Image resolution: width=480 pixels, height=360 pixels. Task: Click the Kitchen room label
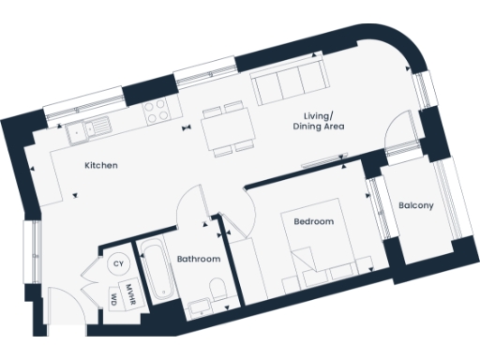point(100,166)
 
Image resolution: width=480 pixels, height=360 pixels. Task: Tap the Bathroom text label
point(199,259)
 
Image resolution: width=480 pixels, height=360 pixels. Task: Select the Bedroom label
point(313,222)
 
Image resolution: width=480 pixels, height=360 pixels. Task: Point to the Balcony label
point(415,206)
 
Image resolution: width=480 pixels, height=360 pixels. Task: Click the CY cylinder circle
point(118,264)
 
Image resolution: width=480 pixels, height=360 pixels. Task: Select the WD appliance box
point(114,300)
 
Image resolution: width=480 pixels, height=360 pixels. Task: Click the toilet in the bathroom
point(217,290)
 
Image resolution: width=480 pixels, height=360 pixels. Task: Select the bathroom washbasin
point(199,302)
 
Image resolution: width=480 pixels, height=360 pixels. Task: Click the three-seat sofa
point(289,87)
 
